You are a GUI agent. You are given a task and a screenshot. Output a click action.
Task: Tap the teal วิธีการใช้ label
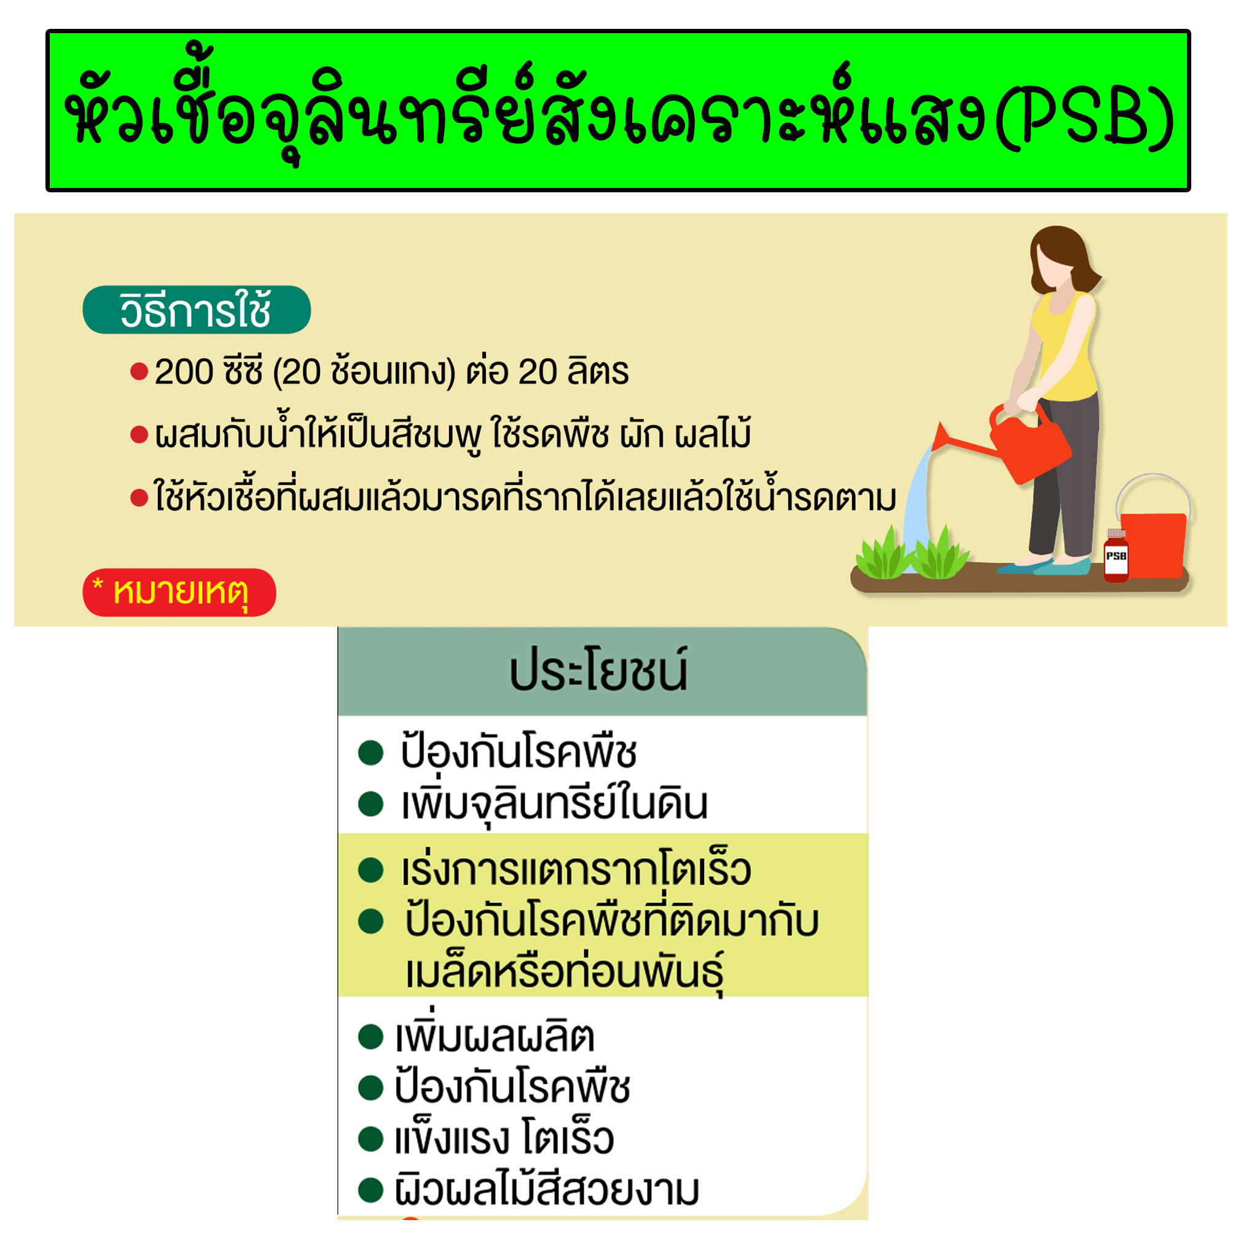click(196, 311)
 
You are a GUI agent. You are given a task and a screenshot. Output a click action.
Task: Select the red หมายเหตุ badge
click(179, 592)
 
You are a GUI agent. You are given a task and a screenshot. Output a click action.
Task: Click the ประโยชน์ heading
click(598, 672)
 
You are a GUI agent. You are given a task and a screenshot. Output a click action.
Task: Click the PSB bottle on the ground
click(1116, 557)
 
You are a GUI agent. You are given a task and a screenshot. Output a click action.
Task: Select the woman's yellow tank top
click(1067, 348)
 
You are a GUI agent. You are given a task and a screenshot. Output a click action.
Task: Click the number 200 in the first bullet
click(184, 372)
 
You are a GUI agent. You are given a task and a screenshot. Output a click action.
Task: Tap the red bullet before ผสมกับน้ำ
click(139, 435)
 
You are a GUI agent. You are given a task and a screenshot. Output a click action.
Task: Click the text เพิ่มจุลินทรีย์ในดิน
click(554, 804)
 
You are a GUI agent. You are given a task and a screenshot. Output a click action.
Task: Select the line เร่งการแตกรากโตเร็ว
click(576, 871)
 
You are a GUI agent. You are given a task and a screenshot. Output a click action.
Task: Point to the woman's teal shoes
click(1047, 565)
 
